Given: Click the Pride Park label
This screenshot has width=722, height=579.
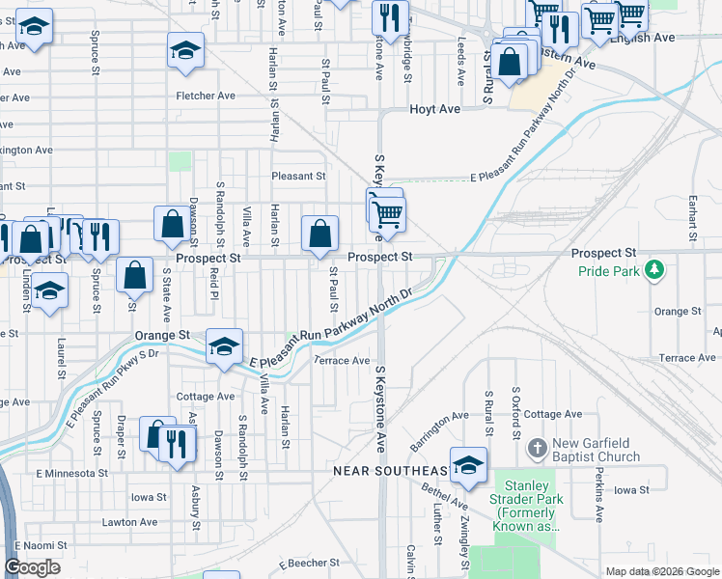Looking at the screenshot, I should (609, 271).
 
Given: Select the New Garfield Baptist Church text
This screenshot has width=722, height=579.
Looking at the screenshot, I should (596, 450).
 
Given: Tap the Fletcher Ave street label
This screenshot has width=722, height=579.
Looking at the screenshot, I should (206, 96).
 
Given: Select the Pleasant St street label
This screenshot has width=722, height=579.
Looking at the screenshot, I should (298, 177).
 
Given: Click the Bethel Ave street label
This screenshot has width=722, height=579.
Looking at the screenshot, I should (445, 494).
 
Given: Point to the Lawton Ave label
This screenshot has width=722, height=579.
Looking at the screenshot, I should (129, 522).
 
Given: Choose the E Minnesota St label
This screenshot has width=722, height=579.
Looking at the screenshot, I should (71, 473).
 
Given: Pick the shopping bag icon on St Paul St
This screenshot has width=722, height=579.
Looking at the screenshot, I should (319, 234).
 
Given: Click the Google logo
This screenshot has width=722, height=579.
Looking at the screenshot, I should (33, 567).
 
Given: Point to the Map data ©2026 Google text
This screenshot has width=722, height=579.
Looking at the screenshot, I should (661, 571).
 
